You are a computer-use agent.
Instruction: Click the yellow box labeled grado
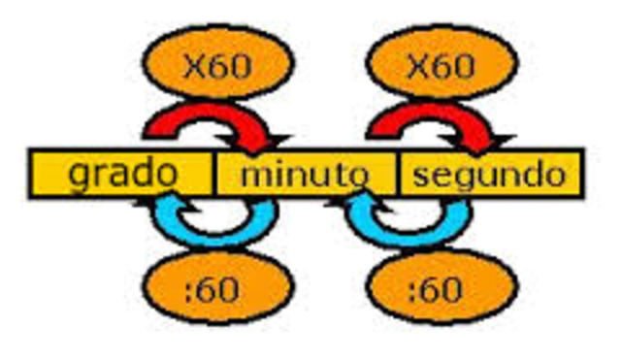point(121,174)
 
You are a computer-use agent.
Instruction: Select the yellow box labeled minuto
point(304,174)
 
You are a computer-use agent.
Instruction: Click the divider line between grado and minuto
point(212,174)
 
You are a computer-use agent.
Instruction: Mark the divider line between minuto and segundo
point(397,174)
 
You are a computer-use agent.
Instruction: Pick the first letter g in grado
point(79,177)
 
